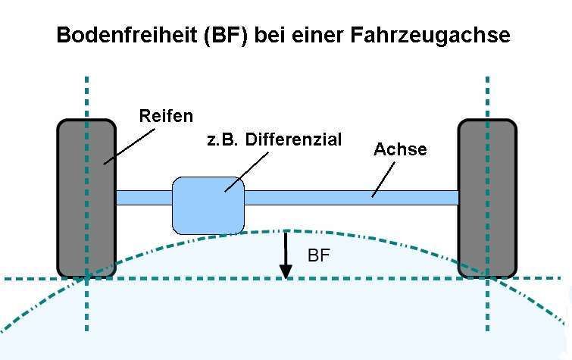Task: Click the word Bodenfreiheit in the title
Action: (x=127, y=35)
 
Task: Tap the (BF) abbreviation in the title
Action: (x=226, y=36)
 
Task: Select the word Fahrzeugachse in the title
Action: (x=430, y=36)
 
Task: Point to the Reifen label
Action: (x=166, y=116)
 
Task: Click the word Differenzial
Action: (x=293, y=139)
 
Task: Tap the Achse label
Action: (x=400, y=149)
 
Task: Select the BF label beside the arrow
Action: (x=318, y=255)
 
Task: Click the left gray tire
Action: (x=86, y=199)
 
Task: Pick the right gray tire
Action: (x=487, y=199)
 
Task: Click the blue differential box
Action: (x=208, y=205)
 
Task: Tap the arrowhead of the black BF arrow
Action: (x=286, y=272)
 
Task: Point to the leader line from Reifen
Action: (x=129, y=146)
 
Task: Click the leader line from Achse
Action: (x=383, y=180)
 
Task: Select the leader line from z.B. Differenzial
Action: (x=246, y=172)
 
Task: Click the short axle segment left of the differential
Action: (x=145, y=198)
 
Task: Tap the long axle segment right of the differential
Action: (x=352, y=198)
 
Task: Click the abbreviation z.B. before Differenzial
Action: (x=222, y=140)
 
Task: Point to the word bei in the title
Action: (x=270, y=35)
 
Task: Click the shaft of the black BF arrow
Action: (x=286, y=249)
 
